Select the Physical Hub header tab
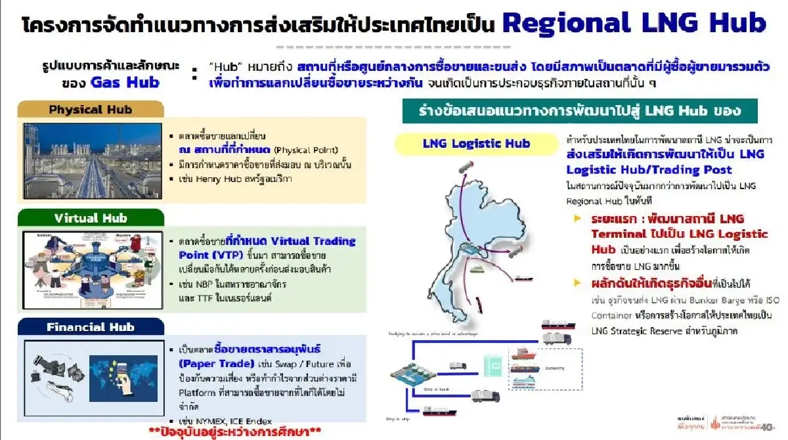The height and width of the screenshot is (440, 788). pos(90,109)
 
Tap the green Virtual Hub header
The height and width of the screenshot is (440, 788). pos(90,218)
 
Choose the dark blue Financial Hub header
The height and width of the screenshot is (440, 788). pos(90,326)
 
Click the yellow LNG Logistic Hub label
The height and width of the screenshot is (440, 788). pos(476,143)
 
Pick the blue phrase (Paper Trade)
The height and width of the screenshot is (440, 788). pos(217,363)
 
